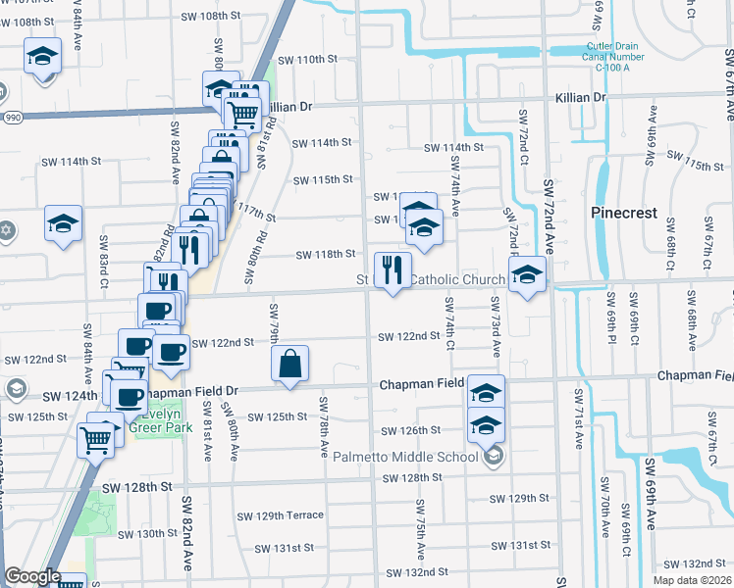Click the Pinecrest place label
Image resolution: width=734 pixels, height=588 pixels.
pyautogui.click(x=623, y=212)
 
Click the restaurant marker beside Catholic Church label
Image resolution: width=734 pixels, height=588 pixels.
pyautogui.click(x=393, y=269)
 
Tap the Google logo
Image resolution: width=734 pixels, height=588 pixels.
pyautogui.click(x=33, y=576)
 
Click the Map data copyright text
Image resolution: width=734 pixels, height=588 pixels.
pyautogui.click(x=692, y=580)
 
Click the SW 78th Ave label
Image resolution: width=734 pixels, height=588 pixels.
pyautogui.click(x=323, y=426)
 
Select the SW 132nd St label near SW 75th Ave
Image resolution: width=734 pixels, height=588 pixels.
pyautogui.click(x=417, y=571)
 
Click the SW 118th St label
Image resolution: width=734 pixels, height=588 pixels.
pyautogui.click(x=325, y=255)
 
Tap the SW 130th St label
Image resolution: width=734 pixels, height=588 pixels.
pyautogui.click(x=146, y=534)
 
